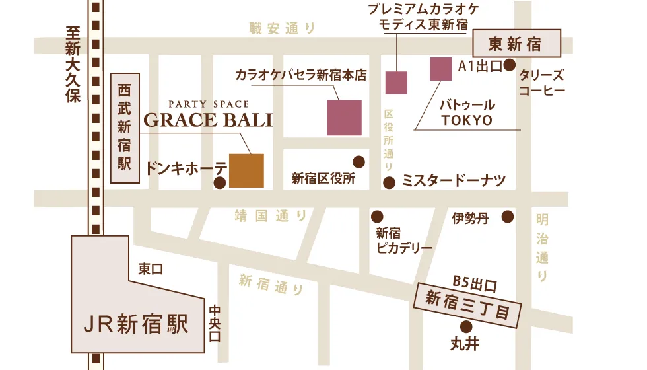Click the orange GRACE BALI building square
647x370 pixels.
[246, 170]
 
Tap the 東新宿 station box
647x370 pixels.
[516, 44]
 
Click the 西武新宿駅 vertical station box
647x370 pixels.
[123, 127]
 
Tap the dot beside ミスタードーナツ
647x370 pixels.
[390, 182]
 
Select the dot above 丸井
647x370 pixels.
[465, 326]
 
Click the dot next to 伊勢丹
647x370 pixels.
[507, 217]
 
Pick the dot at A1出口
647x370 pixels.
[510, 65]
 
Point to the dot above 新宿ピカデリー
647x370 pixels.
[377, 217]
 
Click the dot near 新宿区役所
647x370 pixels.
[359, 161]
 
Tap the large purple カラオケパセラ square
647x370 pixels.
[344, 118]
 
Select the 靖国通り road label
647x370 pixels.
[271, 215]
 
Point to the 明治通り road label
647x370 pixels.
[543, 247]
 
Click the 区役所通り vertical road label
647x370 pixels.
[389, 139]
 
